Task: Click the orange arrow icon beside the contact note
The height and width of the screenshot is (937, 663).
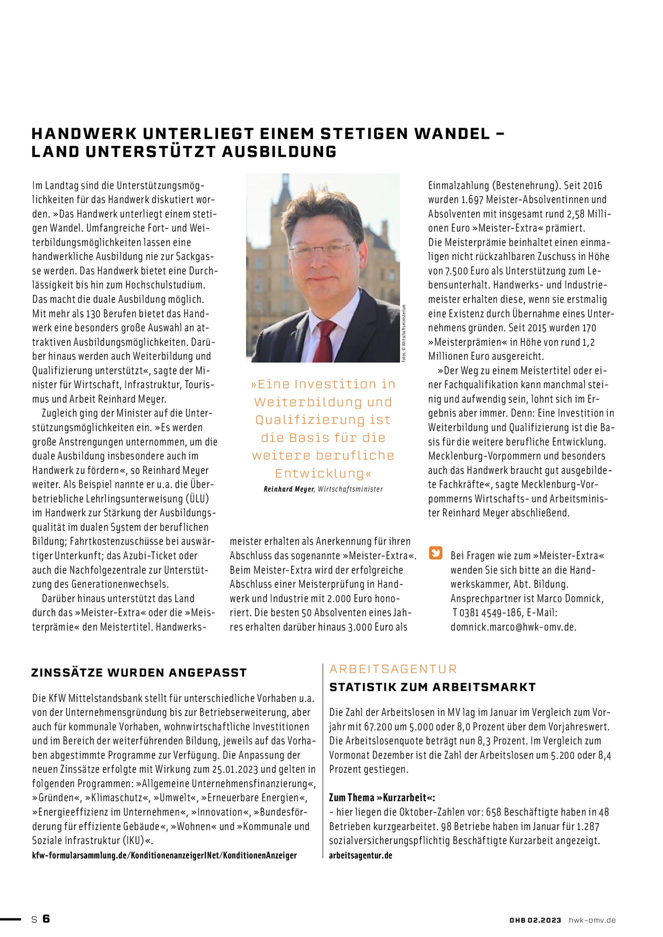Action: [436, 553]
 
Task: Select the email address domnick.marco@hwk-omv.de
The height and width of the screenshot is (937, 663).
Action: [513, 627]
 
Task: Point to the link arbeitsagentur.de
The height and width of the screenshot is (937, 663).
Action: [360, 855]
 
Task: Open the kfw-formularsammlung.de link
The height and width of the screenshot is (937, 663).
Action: [164, 855]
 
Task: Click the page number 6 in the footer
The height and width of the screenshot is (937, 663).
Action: [46, 919]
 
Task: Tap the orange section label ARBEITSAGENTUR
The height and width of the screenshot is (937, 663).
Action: [393, 669]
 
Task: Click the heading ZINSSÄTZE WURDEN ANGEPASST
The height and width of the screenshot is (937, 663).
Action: [139, 673]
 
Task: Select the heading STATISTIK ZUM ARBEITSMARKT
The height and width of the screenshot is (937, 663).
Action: [432, 687]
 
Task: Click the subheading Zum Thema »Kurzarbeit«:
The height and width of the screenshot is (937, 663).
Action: [382, 798]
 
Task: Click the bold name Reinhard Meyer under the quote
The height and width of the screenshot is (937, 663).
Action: [288, 489]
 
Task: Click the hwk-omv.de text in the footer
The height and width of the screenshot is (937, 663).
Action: [592, 920]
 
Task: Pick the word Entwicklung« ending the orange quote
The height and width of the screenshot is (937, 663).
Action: [323, 473]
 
